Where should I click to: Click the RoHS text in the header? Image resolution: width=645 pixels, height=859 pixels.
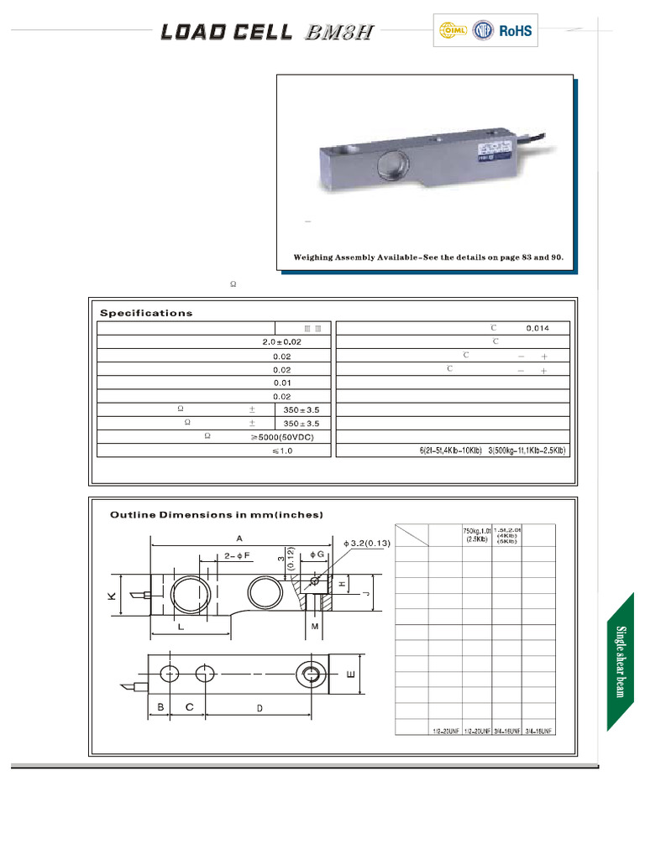516,32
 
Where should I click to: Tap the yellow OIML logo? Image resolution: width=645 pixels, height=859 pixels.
449,32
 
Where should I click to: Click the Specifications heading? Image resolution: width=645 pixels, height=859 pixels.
146,313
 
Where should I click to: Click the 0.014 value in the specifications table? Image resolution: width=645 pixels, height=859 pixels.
537,328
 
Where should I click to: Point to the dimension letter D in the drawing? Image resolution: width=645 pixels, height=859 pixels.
260,709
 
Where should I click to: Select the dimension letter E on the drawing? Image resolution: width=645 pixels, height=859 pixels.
351,674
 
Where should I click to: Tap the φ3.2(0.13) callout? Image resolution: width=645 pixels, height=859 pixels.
361,544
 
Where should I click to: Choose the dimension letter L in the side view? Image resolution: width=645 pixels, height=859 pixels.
181,627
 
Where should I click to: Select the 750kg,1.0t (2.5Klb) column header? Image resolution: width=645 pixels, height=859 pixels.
476,535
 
